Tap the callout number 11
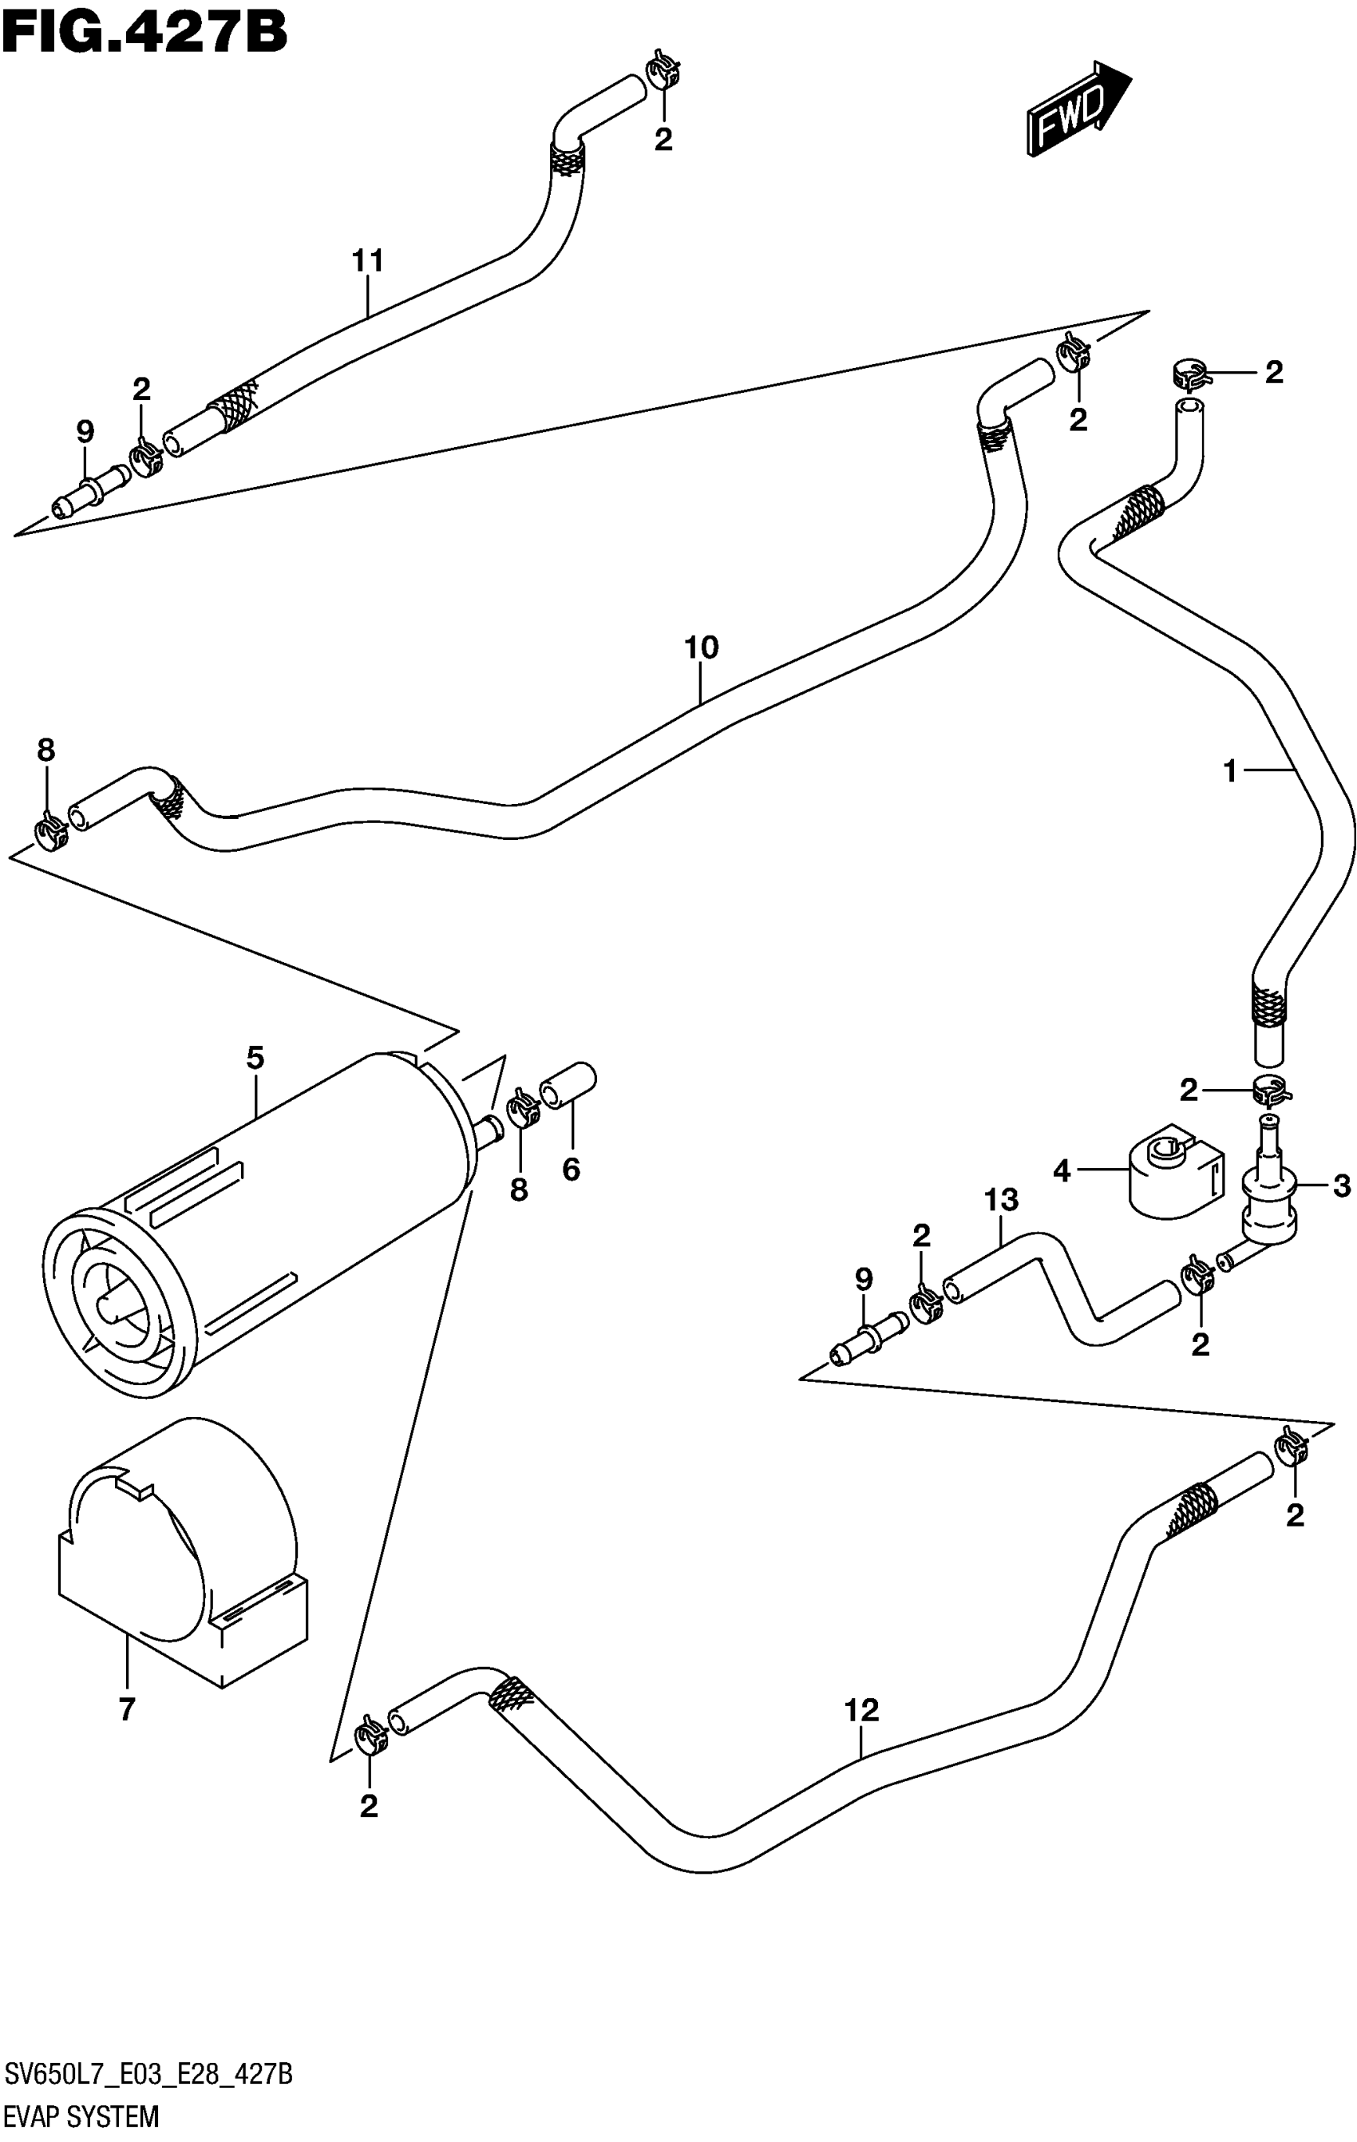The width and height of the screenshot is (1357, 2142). click(x=367, y=262)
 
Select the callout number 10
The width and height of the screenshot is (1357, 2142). click(x=701, y=647)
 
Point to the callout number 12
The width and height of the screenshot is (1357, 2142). click(x=860, y=1709)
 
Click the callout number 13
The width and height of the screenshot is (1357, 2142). click(x=1000, y=1200)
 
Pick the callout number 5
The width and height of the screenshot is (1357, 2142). click(x=255, y=1058)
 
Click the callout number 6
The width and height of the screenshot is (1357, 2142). click(x=571, y=1169)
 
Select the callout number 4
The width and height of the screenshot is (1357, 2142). click(x=1061, y=1170)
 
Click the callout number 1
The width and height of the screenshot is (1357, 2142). click(x=1230, y=771)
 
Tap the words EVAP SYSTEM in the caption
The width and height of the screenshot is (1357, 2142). click(x=81, y=2116)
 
